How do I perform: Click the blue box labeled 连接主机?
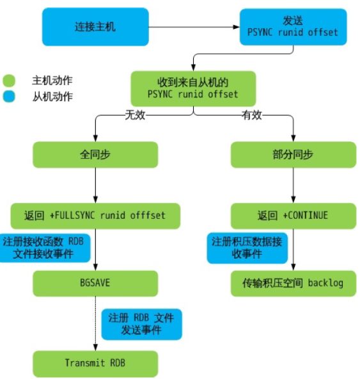point(95,26)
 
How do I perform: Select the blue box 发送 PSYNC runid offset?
point(293,26)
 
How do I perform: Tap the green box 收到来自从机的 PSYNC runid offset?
point(192,88)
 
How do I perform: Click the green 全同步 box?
point(95,154)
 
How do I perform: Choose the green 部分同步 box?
point(293,154)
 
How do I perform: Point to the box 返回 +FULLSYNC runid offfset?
point(95,215)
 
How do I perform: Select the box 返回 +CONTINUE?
point(293,215)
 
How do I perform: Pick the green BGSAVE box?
point(95,283)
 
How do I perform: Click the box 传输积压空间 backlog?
point(293,283)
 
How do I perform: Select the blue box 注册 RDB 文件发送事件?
point(141,324)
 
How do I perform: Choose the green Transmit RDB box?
point(95,363)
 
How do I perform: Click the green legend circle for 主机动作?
point(8,81)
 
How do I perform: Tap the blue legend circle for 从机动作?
point(8,97)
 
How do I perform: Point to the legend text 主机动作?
point(52,81)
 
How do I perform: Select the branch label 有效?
point(251,115)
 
